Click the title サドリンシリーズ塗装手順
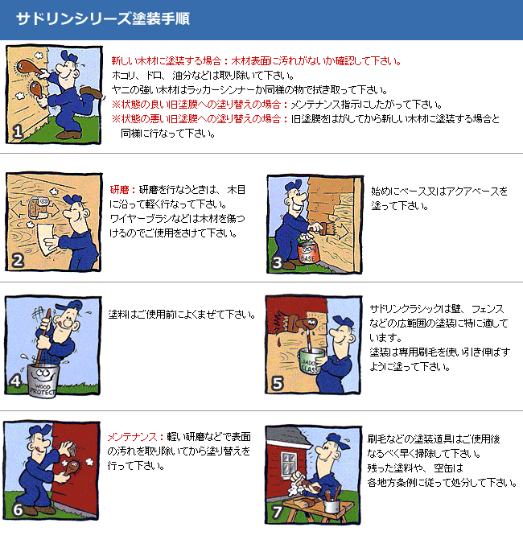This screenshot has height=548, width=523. click(x=103, y=19)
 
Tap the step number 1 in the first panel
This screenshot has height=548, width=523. click(x=18, y=131)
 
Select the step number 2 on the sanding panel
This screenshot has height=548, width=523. click(x=18, y=261)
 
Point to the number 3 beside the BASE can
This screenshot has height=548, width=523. click(x=277, y=263)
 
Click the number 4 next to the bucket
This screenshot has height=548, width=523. click(x=15, y=381)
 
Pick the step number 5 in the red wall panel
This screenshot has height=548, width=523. click(x=278, y=383)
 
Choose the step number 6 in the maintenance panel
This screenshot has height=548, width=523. click(x=18, y=510)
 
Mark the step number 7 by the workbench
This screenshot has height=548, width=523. click(x=277, y=513)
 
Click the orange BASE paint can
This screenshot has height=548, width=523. click(x=308, y=253)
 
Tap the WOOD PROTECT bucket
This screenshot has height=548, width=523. click(x=43, y=381)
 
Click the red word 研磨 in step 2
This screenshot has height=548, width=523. click(x=120, y=190)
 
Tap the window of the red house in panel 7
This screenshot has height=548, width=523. click(x=290, y=464)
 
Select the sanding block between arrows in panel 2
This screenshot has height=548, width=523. click(x=38, y=208)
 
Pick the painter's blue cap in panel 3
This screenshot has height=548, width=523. click(x=294, y=185)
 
